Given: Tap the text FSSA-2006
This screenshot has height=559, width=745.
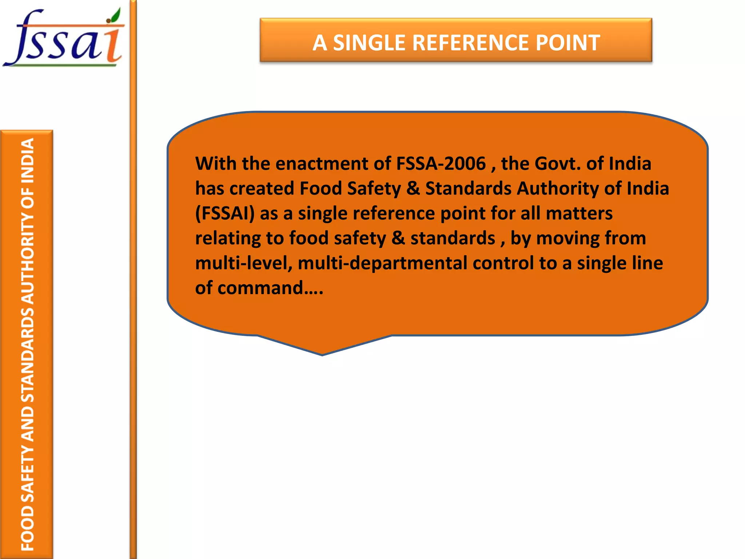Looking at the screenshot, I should point(441,163).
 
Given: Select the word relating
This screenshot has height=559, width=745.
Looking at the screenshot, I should point(227,238).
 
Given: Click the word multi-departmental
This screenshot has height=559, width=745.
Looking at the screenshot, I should point(382,263).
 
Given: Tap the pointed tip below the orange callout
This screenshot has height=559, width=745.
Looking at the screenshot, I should point(322,353).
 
